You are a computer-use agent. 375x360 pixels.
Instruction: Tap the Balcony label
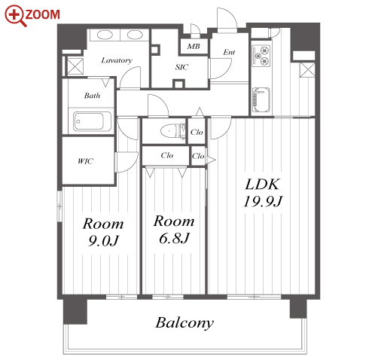[x=184, y=323]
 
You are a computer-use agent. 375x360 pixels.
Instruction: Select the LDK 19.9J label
[x=263, y=193]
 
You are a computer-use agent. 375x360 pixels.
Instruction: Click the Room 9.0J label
[x=103, y=232]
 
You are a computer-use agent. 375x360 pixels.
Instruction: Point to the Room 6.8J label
[x=174, y=230]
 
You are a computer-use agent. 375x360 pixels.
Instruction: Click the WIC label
[x=85, y=161]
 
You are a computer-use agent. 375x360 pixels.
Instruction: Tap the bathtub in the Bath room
[x=92, y=122]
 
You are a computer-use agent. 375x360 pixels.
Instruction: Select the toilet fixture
[x=172, y=131]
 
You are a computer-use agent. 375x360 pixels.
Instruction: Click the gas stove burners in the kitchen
[x=261, y=56]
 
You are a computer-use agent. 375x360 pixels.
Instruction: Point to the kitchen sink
[x=261, y=99]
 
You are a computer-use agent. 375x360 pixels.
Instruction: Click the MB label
[x=194, y=47]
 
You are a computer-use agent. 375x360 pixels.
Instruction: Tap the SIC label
[x=181, y=67]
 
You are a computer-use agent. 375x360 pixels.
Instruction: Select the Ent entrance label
[x=229, y=52]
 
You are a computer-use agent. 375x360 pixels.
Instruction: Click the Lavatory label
[x=117, y=60]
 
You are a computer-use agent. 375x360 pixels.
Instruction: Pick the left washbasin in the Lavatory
[x=105, y=35]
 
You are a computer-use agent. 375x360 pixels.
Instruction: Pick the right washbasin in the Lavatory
[x=135, y=35]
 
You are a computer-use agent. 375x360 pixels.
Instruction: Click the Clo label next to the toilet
[x=197, y=132]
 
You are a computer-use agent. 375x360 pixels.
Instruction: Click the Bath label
[x=92, y=96]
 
